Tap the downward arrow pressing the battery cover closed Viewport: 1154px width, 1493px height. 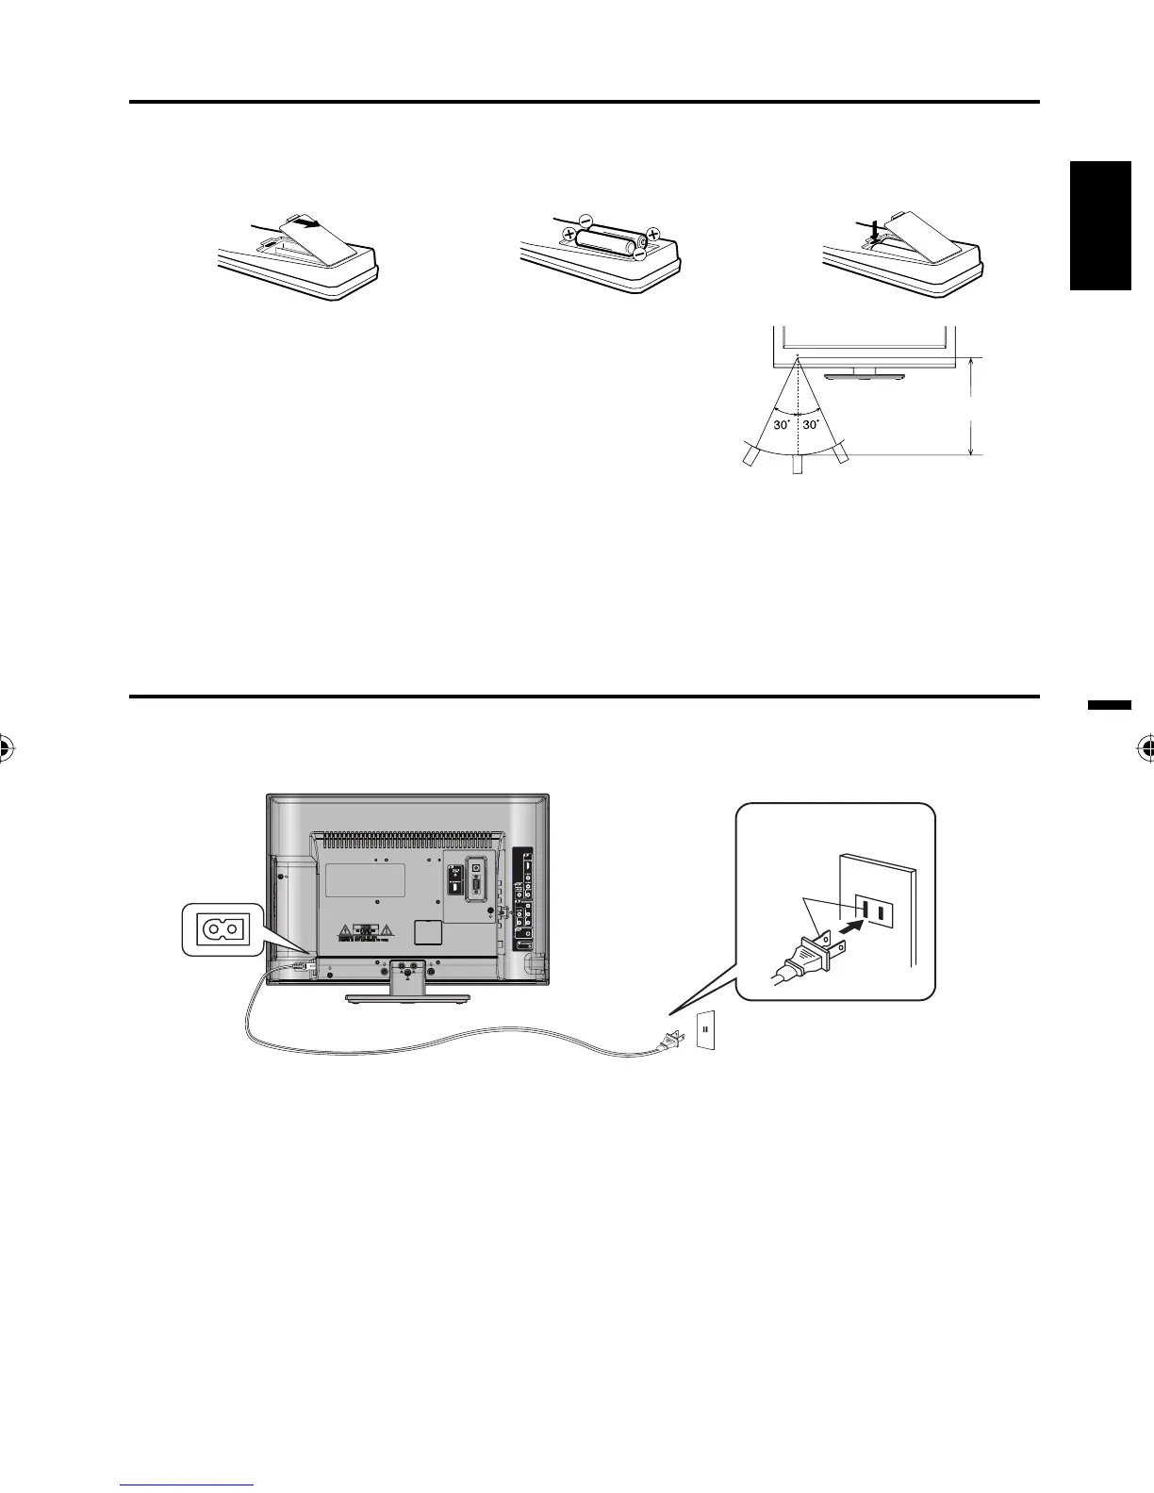tap(876, 230)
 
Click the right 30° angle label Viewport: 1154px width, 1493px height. tap(813, 424)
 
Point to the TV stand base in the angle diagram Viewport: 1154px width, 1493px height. tap(862, 377)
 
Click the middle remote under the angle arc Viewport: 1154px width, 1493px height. tap(797, 464)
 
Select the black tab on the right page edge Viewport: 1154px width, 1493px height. tap(1101, 226)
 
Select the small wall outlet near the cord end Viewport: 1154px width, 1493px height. tap(706, 1031)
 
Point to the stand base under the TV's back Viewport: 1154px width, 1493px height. tap(407, 997)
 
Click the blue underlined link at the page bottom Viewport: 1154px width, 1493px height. tap(188, 1486)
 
